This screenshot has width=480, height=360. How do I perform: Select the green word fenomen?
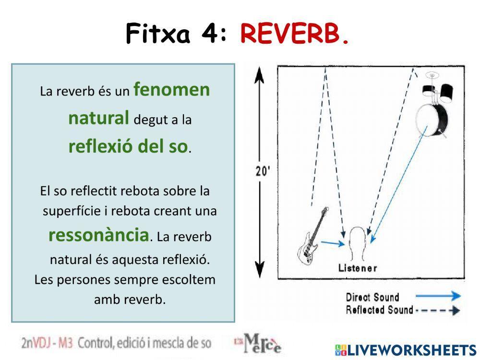click(x=171, y=89)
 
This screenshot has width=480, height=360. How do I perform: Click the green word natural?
click(x=98, y=118)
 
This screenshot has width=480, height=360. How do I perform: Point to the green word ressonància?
click(x=98, y=235)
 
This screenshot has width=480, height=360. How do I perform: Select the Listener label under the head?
click(x=358, y=268)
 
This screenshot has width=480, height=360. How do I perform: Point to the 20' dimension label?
click(x=262, y=171)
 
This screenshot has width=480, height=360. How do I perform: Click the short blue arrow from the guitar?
click(x=332, y=243)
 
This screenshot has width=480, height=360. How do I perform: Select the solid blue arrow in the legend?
click(x=437, y=297)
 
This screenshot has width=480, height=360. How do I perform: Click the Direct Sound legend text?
click(x=372, y=297)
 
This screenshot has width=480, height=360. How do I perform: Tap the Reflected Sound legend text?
click(x=379, y=310)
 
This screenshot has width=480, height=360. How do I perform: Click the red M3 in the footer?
click(x=64, y=343)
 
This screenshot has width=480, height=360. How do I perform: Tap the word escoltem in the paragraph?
click(x=191, y=279)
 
